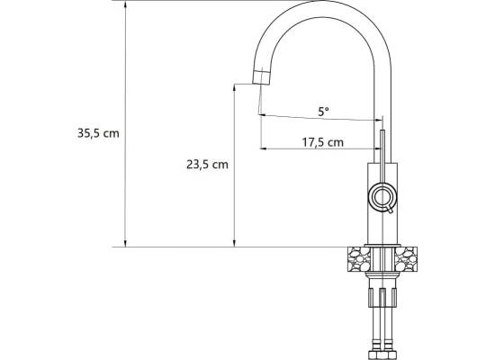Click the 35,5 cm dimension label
point(98,133)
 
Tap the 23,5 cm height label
point(207,165)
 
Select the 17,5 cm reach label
point(322,142)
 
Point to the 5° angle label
point(323,112)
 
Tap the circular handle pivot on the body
point(382,196)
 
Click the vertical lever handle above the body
point(382,156)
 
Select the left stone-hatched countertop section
point(359,259)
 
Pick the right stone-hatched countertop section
point(406,259)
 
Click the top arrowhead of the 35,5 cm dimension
point(125,4)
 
